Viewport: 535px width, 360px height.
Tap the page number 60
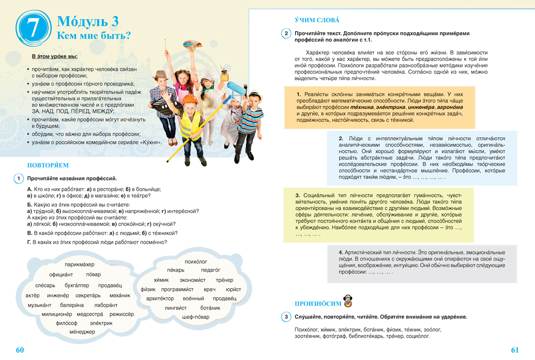20,350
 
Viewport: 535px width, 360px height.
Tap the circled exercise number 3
286,317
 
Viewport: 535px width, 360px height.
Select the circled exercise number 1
19,179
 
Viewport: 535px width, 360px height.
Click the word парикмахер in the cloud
79,265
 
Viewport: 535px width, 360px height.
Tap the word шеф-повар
196,317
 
